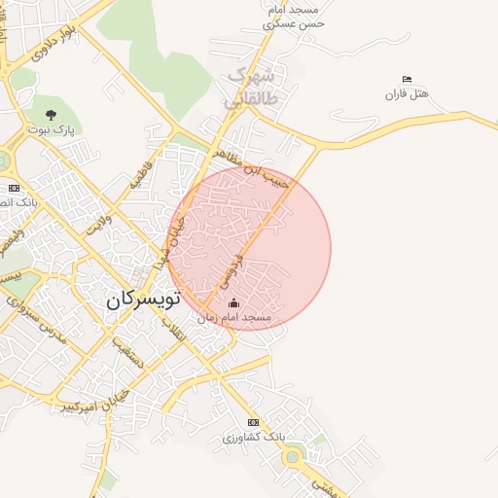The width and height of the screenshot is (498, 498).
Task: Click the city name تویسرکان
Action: click(143, 301)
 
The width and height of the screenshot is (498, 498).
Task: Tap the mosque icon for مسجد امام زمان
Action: click(232, 304)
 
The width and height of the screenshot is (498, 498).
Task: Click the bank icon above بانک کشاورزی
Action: click(254, 422)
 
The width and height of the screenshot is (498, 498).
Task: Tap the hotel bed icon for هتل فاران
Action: click(407, 79)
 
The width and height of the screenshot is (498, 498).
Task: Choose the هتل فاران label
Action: click(407, 93)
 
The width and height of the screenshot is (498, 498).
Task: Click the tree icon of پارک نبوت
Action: click(52, 114)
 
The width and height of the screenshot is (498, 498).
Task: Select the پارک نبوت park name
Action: click(51, 128)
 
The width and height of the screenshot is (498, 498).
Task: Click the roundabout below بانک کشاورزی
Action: click(293, 452)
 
